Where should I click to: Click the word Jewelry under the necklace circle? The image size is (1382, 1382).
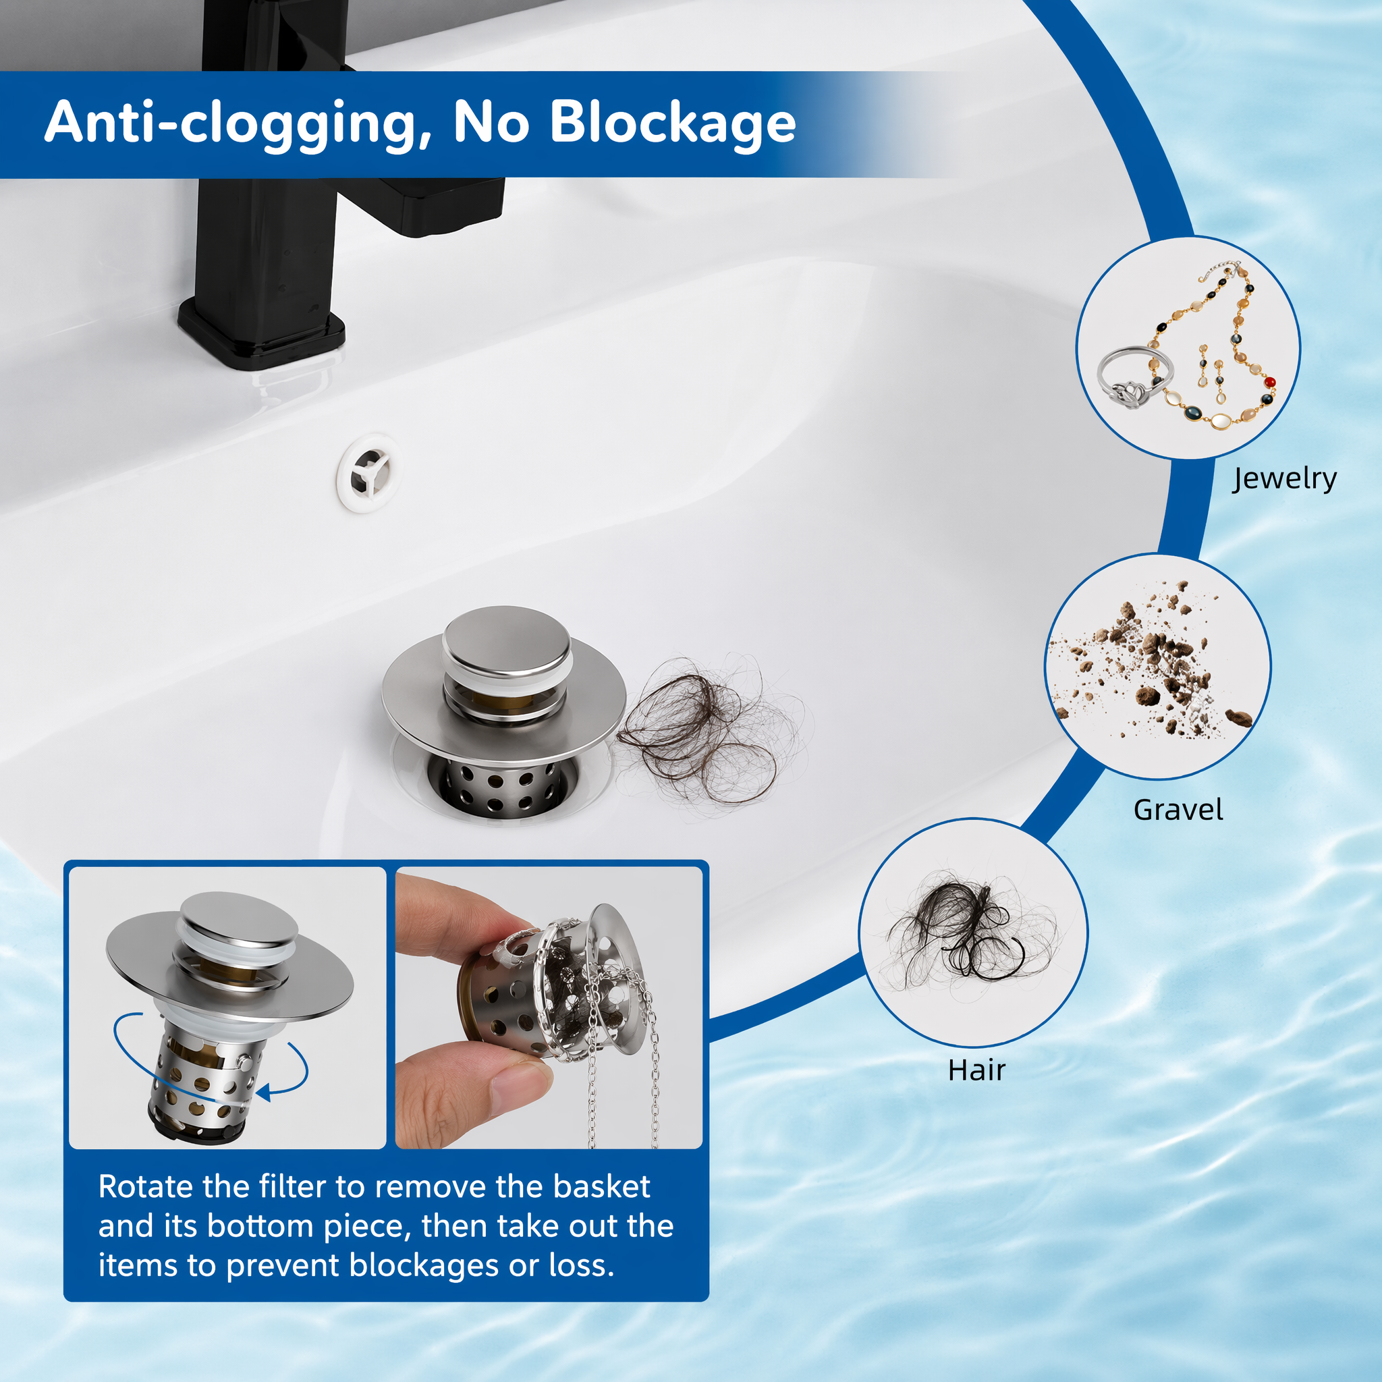point(1284,478)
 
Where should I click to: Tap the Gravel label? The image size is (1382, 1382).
point(1178,810)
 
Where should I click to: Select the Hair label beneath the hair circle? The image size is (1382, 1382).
point(976,1071)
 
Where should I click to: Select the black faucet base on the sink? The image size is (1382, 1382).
point(261,336)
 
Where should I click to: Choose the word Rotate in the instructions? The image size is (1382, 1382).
point(145,1187)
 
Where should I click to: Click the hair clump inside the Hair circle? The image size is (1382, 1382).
point(966,930)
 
